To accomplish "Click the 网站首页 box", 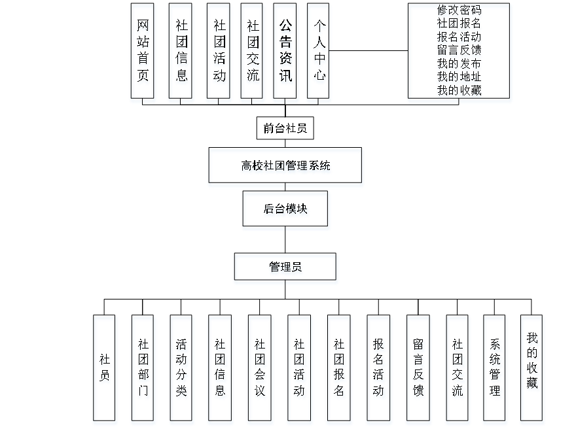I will click(143, 53).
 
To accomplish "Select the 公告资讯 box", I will click(286, 53).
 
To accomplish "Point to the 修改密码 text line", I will click(459, 10).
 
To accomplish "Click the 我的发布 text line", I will click(459, 64).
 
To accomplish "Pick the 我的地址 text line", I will click(459, 78).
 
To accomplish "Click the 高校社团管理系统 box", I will click(285, 167).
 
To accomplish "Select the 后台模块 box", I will click(286, 211).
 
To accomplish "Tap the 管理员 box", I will click(286, 268).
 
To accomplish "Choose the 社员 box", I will click(105, 369).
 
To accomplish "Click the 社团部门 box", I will click(143, 369).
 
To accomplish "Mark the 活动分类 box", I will click(182, 369).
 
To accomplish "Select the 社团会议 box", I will click(261, 369).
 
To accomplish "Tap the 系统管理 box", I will click(495, 369).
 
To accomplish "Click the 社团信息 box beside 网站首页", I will click(181, 53).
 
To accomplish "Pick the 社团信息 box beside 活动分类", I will click(221, 369).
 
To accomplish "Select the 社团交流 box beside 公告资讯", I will click(253, 53).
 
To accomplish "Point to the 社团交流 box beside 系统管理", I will click(458, 369).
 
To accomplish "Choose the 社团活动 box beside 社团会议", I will click(300, 369).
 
